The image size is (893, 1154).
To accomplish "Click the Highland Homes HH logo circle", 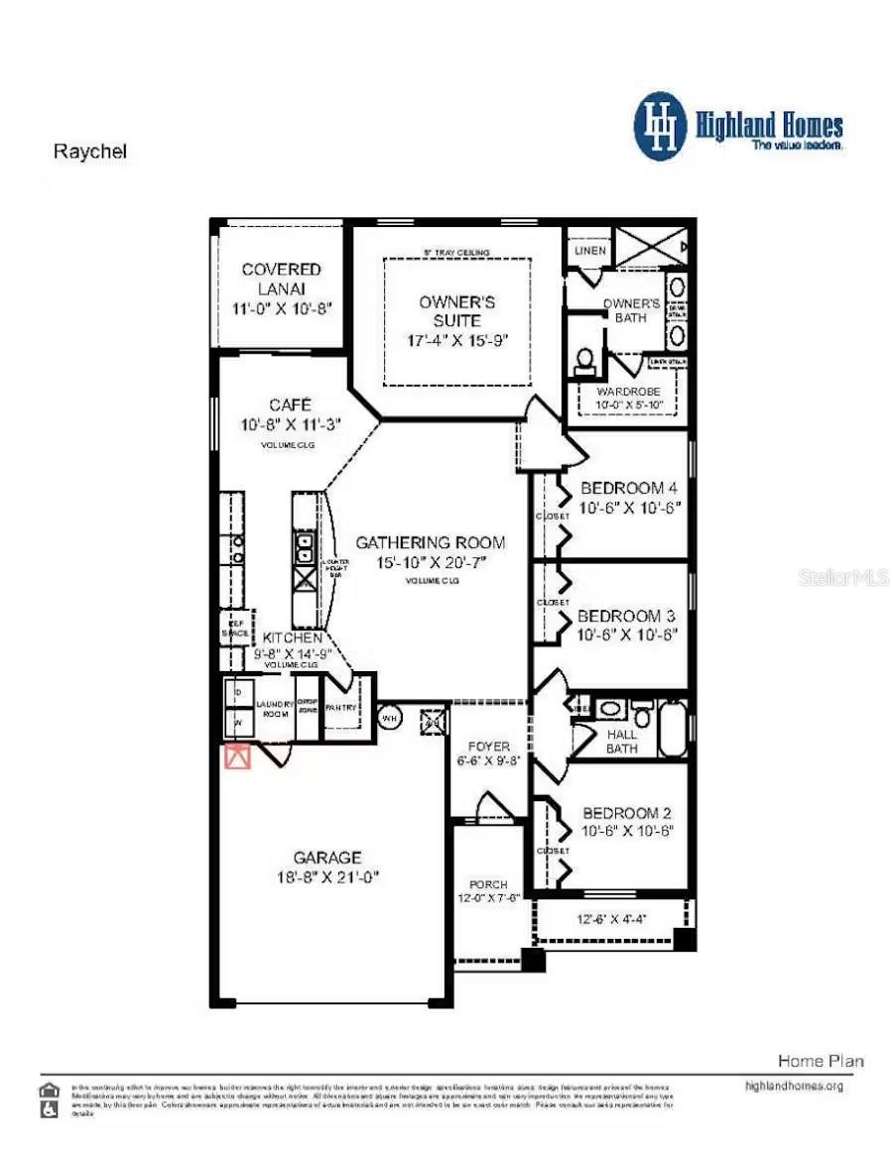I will (660, 126).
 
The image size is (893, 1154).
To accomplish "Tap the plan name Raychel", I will (90, 153).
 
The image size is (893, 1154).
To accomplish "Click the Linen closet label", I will (589, 251).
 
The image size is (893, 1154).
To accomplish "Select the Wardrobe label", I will (627, 392).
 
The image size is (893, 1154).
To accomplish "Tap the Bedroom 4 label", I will (628, 488).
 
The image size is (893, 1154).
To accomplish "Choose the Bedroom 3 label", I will (626, 616).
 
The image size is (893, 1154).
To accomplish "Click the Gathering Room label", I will (430, 542).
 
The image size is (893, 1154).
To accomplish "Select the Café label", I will (290, 404).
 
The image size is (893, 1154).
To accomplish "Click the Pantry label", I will (340, 708).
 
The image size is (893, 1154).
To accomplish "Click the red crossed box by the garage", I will (236, 757).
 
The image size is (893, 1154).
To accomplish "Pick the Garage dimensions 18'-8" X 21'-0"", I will (327, 877).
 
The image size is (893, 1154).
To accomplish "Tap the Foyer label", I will (488, 746).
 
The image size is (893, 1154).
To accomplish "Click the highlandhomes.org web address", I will (794, 1086).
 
